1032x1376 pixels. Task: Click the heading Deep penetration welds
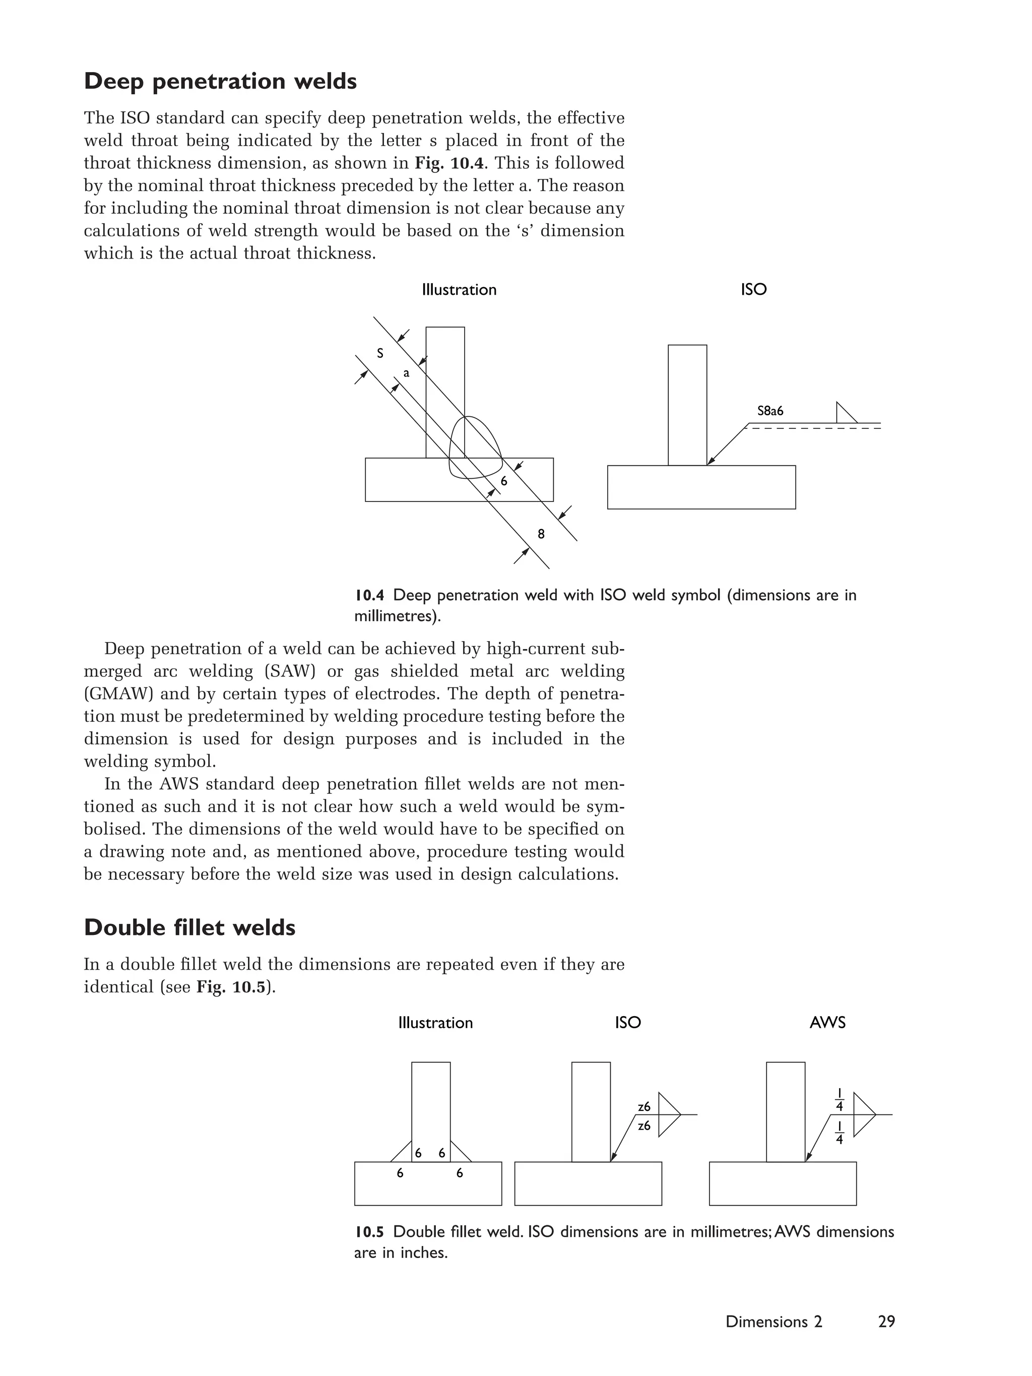pyautogui.click(x=220, y=82)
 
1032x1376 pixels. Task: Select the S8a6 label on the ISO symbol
pyautogui.click(x=770, y=411)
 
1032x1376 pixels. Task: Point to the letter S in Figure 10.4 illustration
pyautogui.click(x=380, y=354)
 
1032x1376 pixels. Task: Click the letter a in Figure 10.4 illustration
pyautogui.click(x=406, y=374)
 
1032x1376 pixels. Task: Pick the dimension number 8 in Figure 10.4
pyautogui.click(x=541, y=534)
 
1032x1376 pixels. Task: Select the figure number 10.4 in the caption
pyautogui.click(x=369, y=595)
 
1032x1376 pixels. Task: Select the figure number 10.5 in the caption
pyautogui.click(x=369, y=1232)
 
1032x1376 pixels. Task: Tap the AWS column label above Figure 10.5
pyautogui.click(x=827, y=1023)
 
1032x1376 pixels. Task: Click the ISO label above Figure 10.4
pyautogui.click(x=753, y=290)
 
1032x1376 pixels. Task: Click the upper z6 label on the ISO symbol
pyautogui.click(x=644, y=1107)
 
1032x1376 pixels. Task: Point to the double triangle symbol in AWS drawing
pyautogui.click(x=863, y=1115)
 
